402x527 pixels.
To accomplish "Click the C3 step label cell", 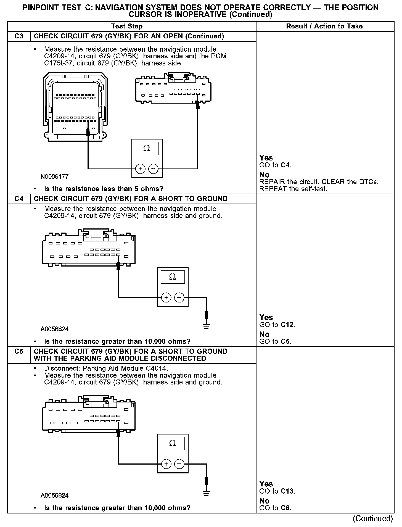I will click(x=19, y=36).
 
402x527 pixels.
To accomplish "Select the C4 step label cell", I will click(x=19, y=199).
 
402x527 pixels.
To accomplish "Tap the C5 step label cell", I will click(x=19, y=352).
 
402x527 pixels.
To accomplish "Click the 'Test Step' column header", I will click(x=127, y=26).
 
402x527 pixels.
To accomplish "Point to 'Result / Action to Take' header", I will click(x=324, y=26).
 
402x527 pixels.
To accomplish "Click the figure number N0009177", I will click(x=54, y=176).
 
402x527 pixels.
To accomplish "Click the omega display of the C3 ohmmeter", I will click(x=147, y=149).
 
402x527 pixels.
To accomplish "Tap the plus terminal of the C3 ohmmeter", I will click(x=140, y=169).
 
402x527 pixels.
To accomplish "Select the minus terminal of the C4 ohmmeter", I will click(x=179, y=297).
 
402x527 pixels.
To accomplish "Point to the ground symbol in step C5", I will click(x=206, y=493).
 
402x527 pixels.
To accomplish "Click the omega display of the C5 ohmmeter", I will click(x=173, y=443).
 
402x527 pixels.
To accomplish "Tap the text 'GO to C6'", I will click(x=275, y=508).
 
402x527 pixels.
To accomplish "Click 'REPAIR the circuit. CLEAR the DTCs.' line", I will click(x=319, y=182).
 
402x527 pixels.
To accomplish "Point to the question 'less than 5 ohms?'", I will click(x=104, y=189).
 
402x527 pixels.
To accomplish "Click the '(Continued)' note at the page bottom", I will click(x=373, y=519).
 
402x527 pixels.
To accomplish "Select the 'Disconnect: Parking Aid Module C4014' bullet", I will click(x=106, y=368).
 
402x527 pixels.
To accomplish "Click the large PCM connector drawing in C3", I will click(x=75, y=107).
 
